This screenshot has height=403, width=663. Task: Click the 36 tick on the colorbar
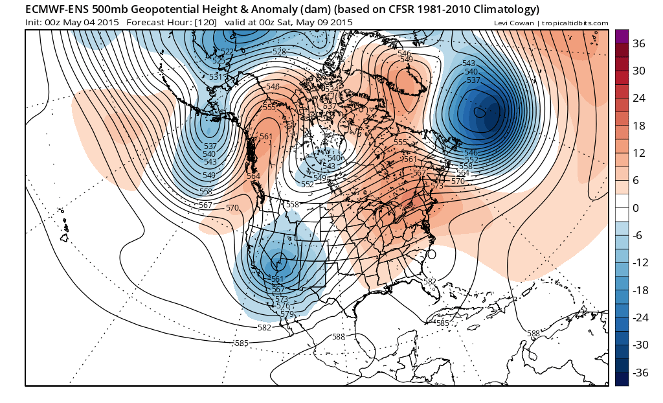pos(639,43)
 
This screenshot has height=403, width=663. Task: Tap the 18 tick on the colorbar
pos(639,126)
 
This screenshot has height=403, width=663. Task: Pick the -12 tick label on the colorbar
pos(639,262)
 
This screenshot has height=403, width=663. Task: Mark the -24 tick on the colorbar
pos(639,317)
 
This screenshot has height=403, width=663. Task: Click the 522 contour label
pos(227,51)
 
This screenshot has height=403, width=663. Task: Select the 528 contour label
pos(279,51)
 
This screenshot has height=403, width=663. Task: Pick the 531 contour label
pos(216,77)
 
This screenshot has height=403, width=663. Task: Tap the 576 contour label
pos(283,306)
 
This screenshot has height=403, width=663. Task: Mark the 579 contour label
pos(287,314)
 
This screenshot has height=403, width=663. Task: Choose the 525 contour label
pos(219,60)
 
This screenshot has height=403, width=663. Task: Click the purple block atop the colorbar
pos(622,36)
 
